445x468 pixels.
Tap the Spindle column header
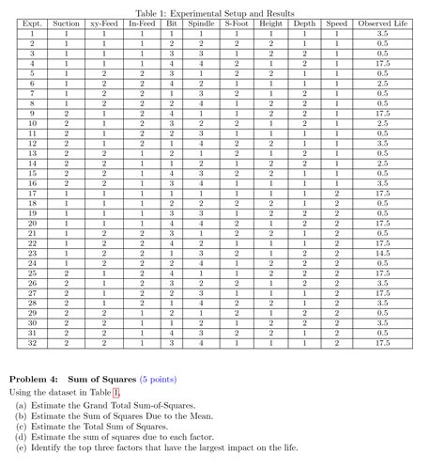(202, 22)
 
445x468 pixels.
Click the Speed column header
(336, 22)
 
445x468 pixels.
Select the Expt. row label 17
(33, 192)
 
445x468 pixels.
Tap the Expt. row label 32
(33, 344)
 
